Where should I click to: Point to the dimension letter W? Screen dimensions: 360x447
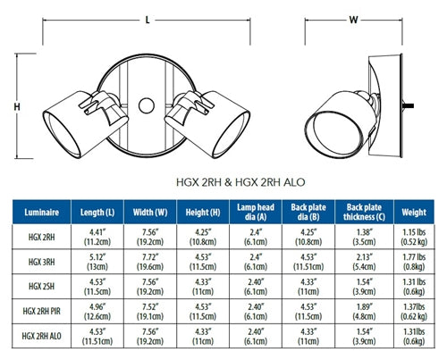coord(353,19)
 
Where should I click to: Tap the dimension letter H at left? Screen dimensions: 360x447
coord(16,107)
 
